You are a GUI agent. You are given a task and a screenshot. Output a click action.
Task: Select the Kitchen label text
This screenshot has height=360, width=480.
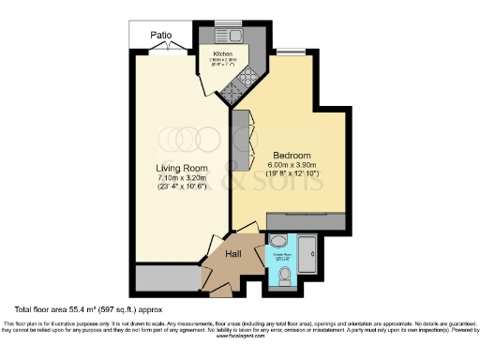[222, 54]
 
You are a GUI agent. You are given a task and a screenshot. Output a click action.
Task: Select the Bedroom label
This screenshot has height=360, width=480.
[292, 155]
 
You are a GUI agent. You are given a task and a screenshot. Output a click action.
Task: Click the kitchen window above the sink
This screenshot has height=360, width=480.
[228, 22]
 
